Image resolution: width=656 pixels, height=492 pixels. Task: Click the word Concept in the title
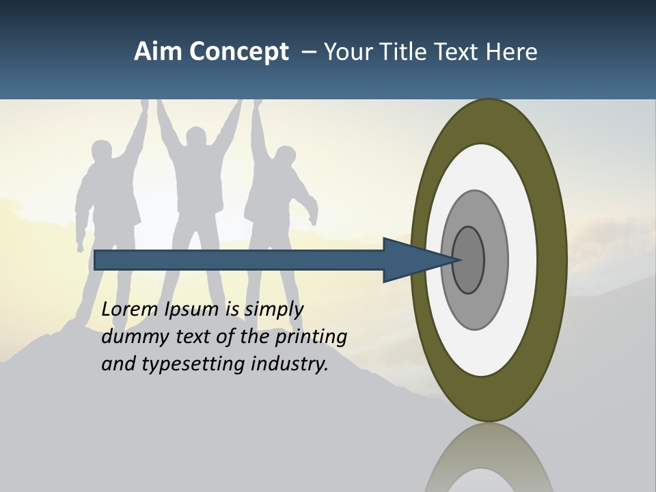tap(238, 52)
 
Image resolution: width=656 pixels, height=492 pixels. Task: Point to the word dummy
tap(133, 337)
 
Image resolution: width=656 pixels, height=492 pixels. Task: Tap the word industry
tap(290, 364)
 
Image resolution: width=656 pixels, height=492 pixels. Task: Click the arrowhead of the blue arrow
tap(413, 260)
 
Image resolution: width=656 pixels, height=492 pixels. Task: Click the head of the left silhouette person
tap(101, 152)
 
